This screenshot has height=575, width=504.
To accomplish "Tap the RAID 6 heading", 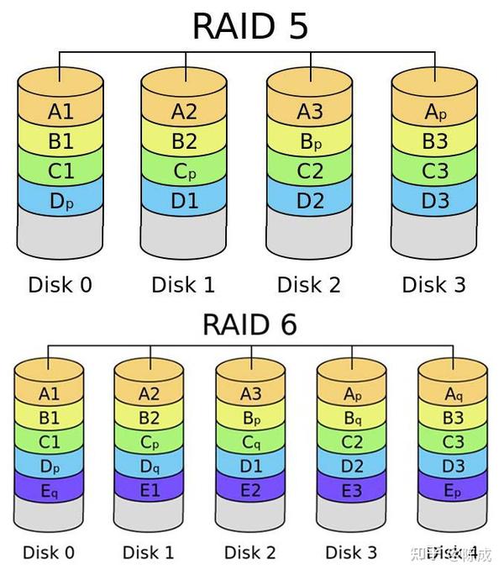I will pos(249,324).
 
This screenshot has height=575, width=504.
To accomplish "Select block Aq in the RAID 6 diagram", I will pos(452,394).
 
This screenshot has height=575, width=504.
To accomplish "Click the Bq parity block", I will pos(351,419).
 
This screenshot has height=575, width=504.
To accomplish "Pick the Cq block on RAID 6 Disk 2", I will pos(250,442).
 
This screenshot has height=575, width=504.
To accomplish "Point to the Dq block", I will pos(150,466).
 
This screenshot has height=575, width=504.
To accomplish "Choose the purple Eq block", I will pos(50,490).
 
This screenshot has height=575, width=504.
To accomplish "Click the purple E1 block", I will pos(150,490).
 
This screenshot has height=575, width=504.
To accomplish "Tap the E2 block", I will pos(250,490).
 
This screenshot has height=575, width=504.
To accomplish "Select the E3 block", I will pos(351,490).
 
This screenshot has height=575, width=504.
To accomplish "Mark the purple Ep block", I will pos(452,490).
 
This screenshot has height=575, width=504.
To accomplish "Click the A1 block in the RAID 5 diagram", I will pos(60,111).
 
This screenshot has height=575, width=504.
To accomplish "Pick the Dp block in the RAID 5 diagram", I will pos(60,202).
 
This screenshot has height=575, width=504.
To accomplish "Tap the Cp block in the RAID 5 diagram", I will pos(184,171).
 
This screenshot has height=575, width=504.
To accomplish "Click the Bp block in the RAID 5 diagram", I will pos(310,141).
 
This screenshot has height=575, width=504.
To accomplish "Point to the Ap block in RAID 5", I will pos(435,111).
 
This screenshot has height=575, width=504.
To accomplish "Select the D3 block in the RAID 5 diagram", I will pos(435,202).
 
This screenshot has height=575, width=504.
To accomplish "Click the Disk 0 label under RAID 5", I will pos(60,284).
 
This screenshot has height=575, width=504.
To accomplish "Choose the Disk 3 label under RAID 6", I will pos(351,552).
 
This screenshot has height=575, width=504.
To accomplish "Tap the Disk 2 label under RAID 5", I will pos(310,284).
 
